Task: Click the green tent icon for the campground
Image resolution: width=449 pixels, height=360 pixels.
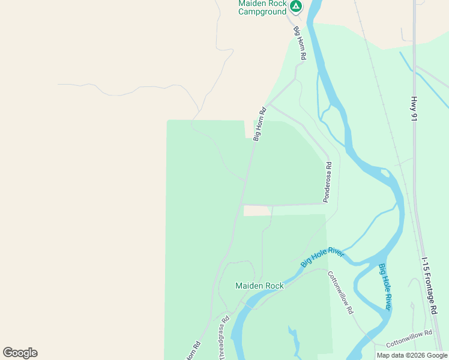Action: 295,7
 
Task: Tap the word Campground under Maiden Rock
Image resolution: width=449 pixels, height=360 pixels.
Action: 262,11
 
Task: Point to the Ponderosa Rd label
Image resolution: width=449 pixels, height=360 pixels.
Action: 327,182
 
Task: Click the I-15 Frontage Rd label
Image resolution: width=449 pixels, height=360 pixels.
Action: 430,286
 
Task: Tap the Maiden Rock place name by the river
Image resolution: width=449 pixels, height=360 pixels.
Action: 259,286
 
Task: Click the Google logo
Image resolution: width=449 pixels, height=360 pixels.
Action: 20,353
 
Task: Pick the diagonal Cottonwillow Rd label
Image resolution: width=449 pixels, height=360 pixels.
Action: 340,293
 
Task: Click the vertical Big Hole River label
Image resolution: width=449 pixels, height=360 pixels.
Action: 385,287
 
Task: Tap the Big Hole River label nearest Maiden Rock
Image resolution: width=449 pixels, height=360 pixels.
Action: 322,259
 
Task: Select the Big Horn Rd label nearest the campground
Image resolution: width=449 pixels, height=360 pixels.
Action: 300,42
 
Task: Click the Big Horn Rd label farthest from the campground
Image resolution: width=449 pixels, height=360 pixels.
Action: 259,124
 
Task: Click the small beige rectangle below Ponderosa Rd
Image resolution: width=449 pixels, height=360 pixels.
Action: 257,211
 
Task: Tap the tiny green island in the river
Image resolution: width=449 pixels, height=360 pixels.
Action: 327,111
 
